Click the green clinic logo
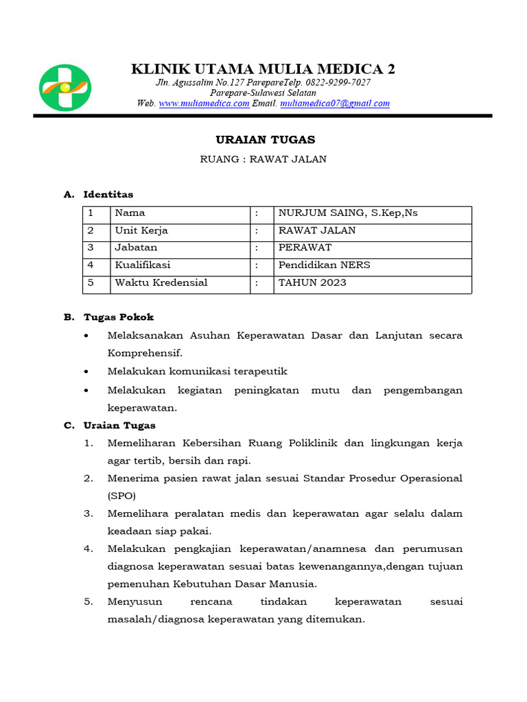point(65,87)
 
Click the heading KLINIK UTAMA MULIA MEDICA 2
point(263,69)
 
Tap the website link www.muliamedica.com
point(204,104)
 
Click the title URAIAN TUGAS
point(265,140)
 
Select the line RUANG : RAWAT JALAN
point(263,160)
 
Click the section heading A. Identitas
point(99,195)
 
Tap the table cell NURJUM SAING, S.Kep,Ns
point(347,213)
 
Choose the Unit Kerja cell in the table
point(141,231)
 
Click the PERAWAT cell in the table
point(305,248)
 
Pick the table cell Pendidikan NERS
point(324,265)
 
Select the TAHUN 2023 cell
point(312,283)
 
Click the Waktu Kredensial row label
point(161,283)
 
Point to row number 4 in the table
point(90,265)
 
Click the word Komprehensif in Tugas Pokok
point(145,354)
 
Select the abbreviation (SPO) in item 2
point(121,496)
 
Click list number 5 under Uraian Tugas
point(88,602)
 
